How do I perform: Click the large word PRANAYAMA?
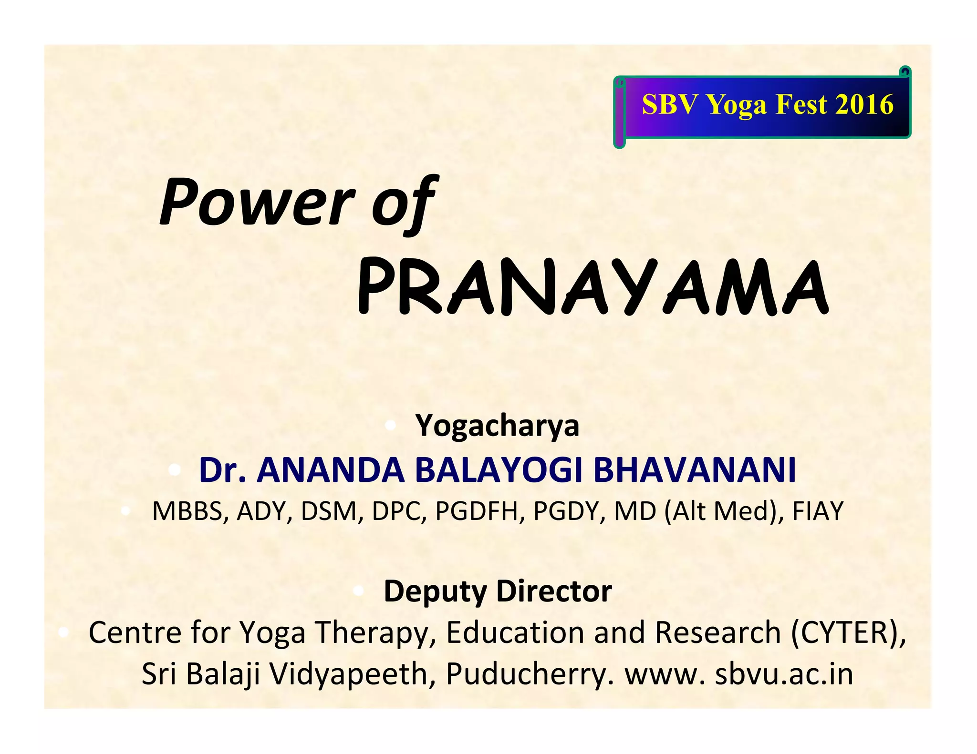593,287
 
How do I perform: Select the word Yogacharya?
498,425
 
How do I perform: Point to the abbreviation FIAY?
818,511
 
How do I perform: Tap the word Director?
554,591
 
